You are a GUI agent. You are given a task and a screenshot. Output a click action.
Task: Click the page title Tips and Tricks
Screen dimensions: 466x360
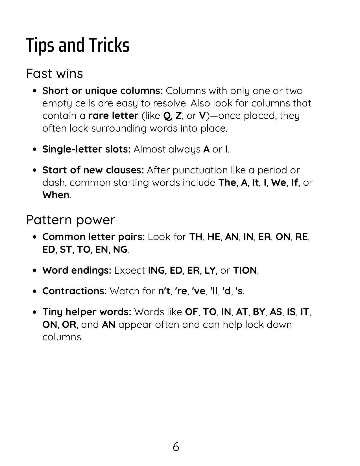pos(78,45)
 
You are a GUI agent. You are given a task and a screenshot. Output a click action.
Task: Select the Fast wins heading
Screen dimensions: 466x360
pos(54,73)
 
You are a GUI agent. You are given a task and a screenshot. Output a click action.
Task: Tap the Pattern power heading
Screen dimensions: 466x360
pos(71,220)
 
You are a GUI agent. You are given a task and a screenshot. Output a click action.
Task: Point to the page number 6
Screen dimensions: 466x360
pos(176,447)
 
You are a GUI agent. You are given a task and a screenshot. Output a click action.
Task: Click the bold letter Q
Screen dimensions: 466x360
pos(167,116)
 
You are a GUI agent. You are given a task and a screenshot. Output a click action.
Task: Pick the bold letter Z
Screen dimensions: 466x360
pos(178,116)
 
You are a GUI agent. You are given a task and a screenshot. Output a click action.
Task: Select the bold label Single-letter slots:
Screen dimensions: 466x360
pos(86,149)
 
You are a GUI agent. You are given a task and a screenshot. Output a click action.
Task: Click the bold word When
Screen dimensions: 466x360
pos(56,195)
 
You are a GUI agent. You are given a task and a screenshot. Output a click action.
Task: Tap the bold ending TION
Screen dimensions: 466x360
pos(245,270)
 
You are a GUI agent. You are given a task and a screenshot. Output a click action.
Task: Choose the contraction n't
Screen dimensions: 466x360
pos(165,291)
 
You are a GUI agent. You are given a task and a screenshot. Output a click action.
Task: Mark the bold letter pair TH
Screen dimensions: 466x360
pos(196,237)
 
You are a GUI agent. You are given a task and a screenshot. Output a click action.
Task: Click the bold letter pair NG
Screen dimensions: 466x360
pos(120,249)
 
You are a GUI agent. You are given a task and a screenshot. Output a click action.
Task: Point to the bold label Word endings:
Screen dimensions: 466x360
pos(77,270)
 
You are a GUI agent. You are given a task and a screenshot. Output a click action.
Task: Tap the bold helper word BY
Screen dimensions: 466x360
pos(259,312)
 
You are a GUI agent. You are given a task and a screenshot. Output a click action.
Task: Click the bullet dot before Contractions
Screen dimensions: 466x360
pos(35,291)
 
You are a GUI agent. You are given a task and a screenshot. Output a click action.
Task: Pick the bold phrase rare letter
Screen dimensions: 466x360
pos(113,116)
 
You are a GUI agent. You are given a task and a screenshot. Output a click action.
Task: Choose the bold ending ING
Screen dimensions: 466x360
pos(156,270)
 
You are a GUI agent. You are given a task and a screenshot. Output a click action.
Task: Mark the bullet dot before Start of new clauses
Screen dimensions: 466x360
pos(35,170)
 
